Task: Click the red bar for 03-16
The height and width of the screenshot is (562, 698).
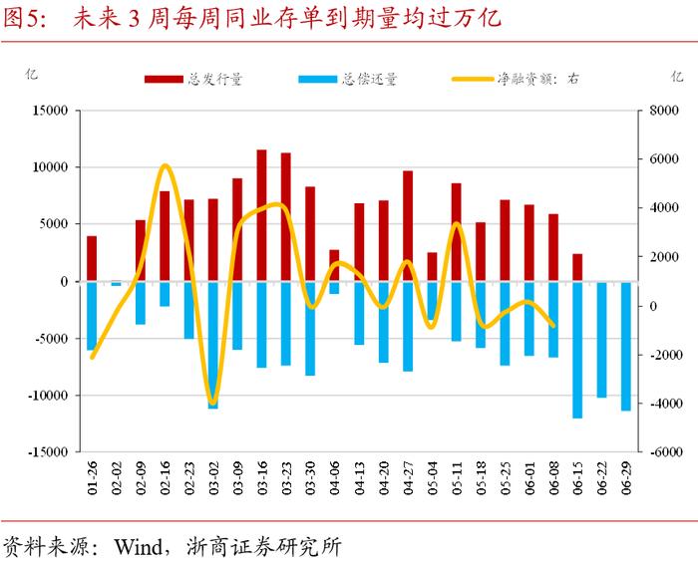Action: [x=261, y=215]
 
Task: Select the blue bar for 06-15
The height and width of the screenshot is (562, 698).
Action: [x=577, y=349]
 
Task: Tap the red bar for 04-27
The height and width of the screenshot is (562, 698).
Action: [x=408, y=226]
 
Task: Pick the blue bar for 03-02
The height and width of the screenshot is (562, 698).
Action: [x=213, y=345]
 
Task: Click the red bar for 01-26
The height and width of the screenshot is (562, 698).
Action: [x=92, y=258]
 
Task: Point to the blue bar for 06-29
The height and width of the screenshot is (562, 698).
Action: [x=626, y=346]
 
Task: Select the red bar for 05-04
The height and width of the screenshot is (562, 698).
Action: [x=432, y=266]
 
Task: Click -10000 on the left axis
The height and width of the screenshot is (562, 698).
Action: [x=45, y=396]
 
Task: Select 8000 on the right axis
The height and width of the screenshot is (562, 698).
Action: [x=662, y=111]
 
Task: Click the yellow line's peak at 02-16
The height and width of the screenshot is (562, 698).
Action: [x=165, y=165]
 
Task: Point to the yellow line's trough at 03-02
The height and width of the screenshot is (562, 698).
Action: [x=212, y=403]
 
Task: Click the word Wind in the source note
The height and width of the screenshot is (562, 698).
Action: [x=139, y=546]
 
